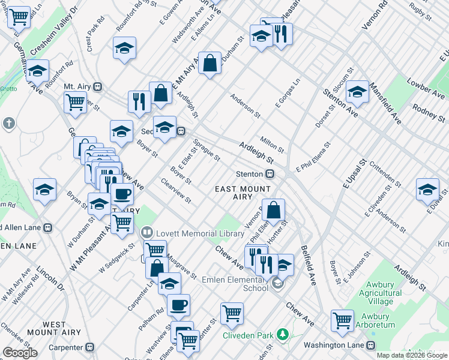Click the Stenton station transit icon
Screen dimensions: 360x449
pyautogui.click(x=271, y=174)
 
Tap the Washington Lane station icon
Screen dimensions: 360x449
pyautogui.click(x=371, y=345)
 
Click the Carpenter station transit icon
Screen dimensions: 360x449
pyautogui.click(x=90, y=347)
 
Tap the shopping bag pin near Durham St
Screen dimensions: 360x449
pyautogui.click(x=209, y=64)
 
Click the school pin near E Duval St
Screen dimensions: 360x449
pyautogui.click(x=427, y=190)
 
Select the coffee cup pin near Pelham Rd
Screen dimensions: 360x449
pyautogui.click(x=178, y=305)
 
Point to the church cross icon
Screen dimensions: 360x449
pyautogui.click(x=8, y=124)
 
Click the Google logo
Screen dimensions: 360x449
pyautogui.click(x=20, y=353)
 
